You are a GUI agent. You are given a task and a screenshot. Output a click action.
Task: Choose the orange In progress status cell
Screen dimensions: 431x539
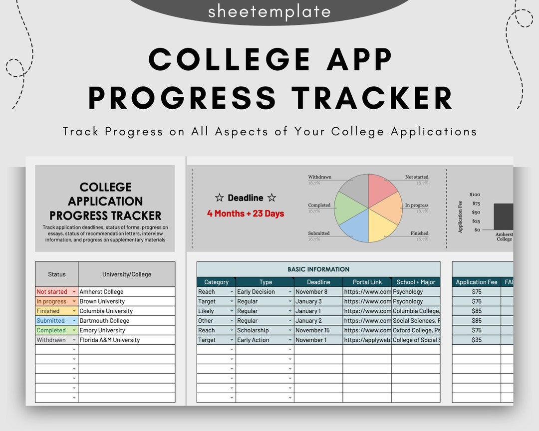pyautogui.click(x=56, y=301)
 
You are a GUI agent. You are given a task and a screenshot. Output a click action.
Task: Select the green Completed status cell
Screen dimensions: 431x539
pyautogui.click(x=56, y=330)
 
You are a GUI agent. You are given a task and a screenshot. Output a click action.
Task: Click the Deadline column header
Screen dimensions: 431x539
pyautogui.click(x=318, y=282)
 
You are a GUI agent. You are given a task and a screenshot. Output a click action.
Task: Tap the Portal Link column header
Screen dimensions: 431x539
pyautogui.click(x=367, y=282)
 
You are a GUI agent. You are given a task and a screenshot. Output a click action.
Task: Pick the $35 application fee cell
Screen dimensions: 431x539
pyautogui.click(x=476, y=340)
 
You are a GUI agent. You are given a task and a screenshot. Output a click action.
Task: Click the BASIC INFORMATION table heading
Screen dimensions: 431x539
pyautogui.click(x=318, y=269)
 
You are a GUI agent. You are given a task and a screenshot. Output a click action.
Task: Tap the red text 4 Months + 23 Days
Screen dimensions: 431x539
pyautogui.click(x=246, y=214)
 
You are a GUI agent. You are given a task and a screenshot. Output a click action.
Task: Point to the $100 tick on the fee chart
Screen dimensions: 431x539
pyautogui.click(x=475, y=195)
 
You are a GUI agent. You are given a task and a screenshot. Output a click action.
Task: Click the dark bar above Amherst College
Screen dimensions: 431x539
pyautogui.click(x=503, y=216)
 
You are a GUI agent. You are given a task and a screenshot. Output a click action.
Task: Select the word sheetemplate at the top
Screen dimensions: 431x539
pyautogui.click(x=269, y=11)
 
